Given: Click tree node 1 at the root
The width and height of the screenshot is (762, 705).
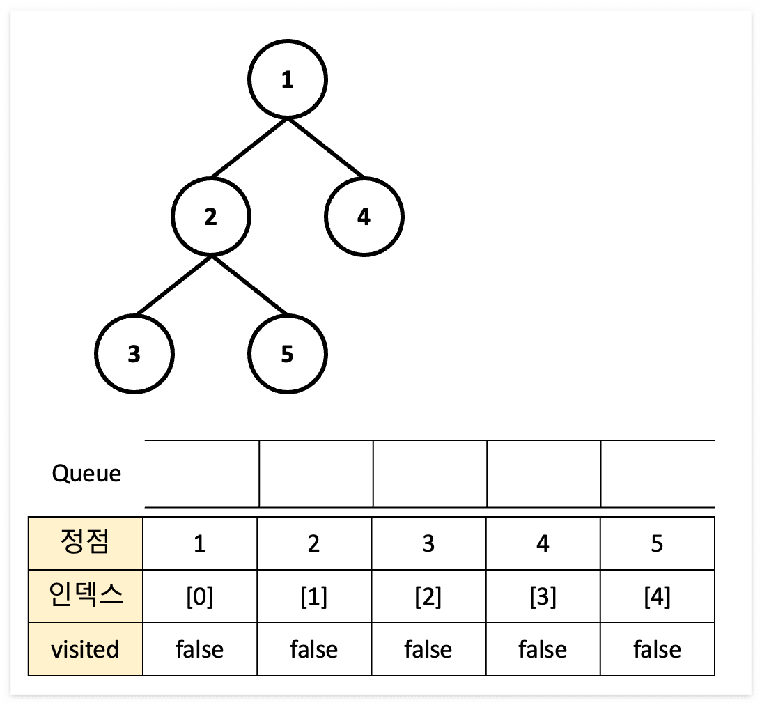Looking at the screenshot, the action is tap(288, 80).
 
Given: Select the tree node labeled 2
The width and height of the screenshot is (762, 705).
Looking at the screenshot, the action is tap(211, 217).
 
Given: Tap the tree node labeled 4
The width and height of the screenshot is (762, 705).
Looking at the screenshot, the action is tap(364, 217).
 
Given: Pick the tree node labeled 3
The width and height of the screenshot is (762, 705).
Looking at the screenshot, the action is tap(134, 355).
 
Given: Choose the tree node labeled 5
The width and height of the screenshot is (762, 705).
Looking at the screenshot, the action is tap(288, 355).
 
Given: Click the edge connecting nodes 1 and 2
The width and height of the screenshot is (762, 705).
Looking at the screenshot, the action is tap(249, 148).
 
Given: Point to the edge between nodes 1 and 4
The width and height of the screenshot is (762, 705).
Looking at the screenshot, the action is tap(326, 148).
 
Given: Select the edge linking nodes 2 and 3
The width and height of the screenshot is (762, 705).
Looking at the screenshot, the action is tap(173, 286).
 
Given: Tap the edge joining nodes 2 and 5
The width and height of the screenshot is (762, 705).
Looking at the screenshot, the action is tap(249, 286).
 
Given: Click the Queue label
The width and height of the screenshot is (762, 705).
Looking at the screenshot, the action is tap(86, 474).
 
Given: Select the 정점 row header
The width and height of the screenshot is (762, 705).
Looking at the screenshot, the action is tap(86, 543).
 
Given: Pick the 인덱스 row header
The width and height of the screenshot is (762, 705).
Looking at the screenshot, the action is tap(86, 596).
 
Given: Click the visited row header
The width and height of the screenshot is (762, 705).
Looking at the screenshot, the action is tap(86, 649).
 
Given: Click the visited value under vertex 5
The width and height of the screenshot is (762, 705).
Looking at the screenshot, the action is tap(657, 649).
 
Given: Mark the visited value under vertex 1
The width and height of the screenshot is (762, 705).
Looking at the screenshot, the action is tap(200, 649).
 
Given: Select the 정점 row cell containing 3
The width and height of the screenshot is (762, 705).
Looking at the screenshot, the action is tap(428, 543).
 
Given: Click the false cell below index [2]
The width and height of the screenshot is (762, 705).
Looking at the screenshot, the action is tap(428, 649).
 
